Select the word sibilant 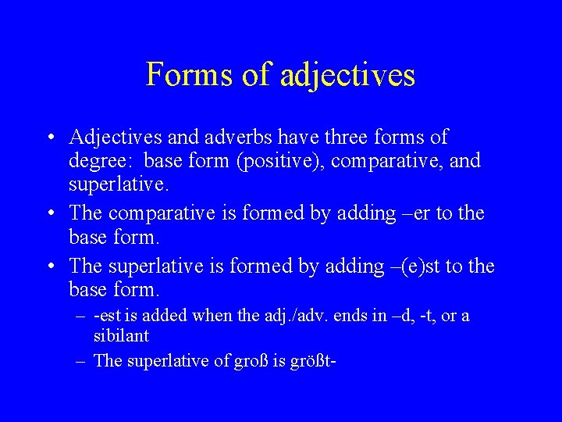point(121,337)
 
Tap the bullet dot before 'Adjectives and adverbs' point(49,138)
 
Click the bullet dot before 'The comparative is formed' point(49,213)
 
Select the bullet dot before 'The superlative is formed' point(49,266)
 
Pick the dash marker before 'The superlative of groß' point(80,361)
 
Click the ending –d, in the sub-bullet point(403,317)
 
